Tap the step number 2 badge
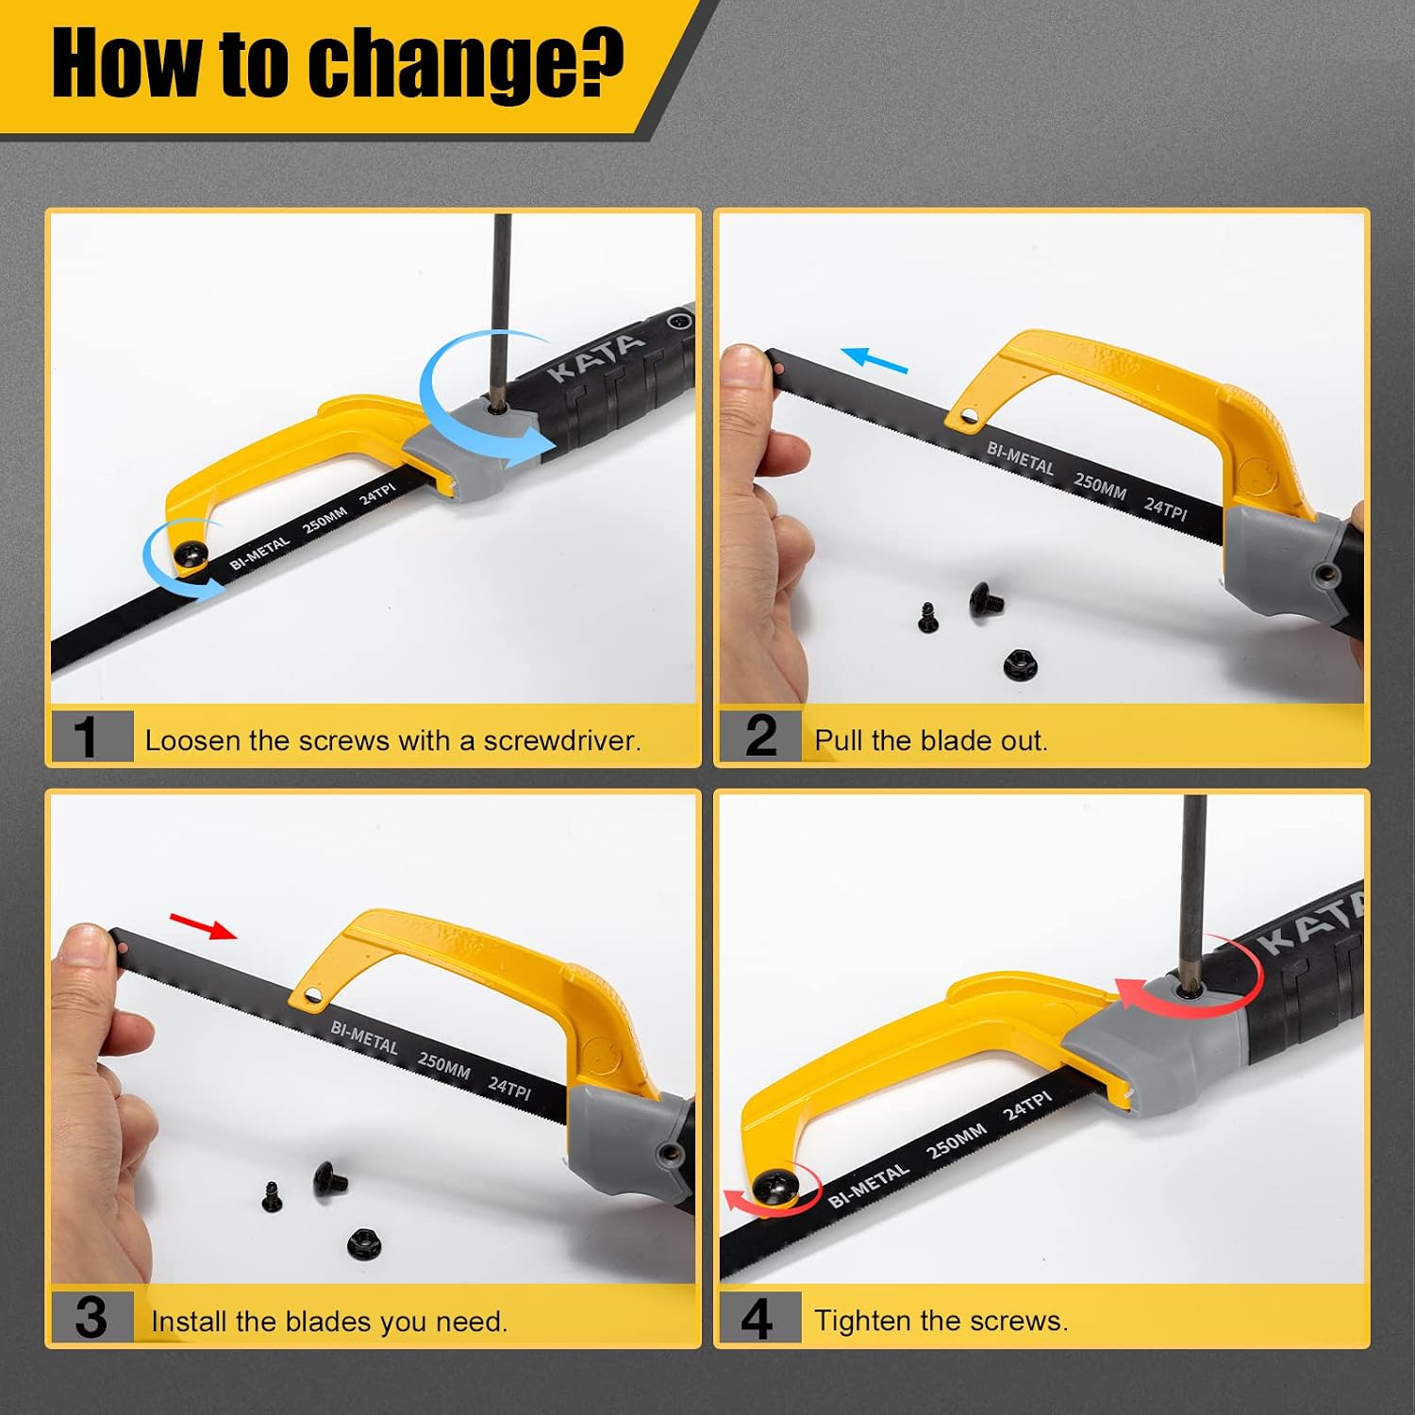(760, 735)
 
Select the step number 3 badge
(92, 1317)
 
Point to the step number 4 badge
(760, 1317)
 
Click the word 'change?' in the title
(467, 64)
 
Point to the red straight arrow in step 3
(203, 925)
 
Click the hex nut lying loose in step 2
(1020, 664)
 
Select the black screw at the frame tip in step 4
(774, 1184)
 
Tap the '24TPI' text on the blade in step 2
(1166, 509)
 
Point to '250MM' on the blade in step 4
(956, 1141)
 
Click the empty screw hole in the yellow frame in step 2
(967, 415)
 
